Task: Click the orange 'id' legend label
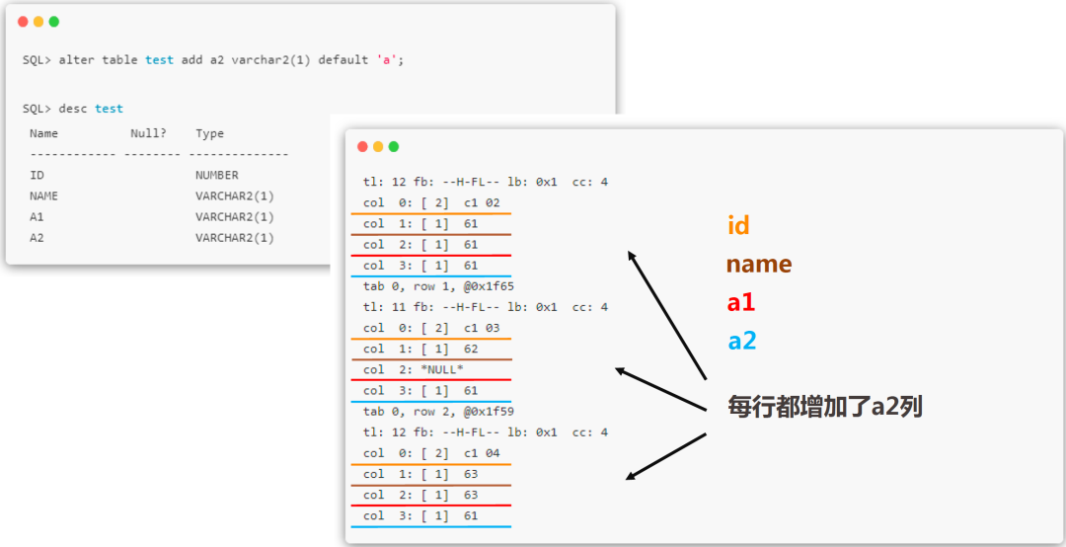tap(738, 224)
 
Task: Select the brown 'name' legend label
tap(759, 264)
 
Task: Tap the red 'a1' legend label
tap(741, 302)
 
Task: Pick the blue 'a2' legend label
tap(742, 341)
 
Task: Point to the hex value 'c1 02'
tap(482, 202)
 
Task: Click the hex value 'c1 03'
tap(482, 328)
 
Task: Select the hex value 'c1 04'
tap(482, 453)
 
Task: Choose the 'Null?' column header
tap(148, 133)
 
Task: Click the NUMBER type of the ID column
tap(217, 175)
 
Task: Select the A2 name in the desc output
tap(37, 237)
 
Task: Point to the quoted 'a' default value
tap(388, 60)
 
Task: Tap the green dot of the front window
tap(394, 146)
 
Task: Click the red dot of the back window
tap(23, 22)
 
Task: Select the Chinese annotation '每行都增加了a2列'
tap(824, 407)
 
